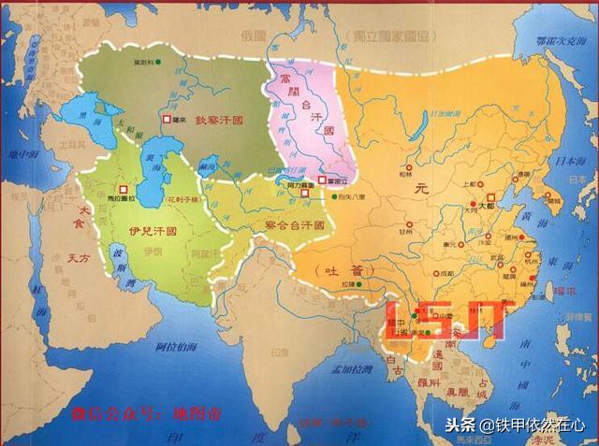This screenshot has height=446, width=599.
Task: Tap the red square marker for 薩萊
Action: (x=168, y=121)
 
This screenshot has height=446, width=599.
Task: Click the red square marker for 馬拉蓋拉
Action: (x=123, y=189)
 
